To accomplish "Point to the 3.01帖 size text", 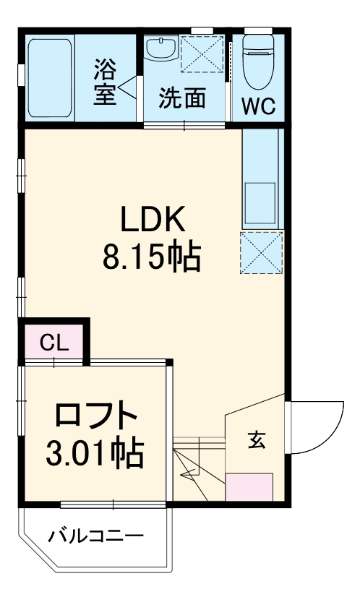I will click(94, 453).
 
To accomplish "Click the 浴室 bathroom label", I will click(105, 83).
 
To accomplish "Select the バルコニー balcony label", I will click(95, 536).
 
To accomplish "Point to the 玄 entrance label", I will click(256, 439).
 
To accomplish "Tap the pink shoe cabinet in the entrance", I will click(249, 488).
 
